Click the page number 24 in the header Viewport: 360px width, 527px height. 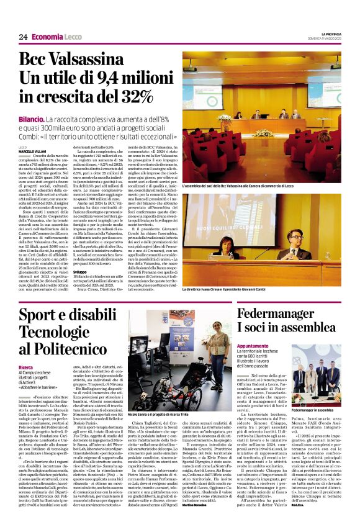pyautogui.click(x=23, y=37)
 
